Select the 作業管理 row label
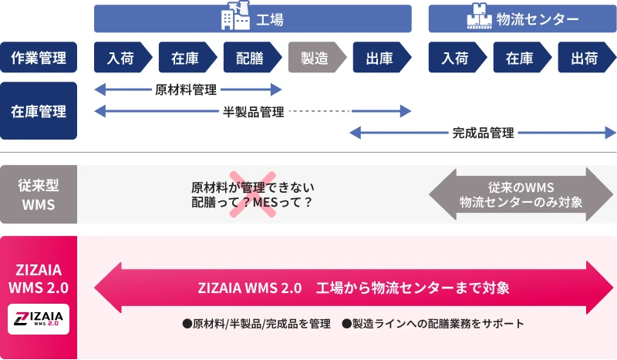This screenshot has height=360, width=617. pyautogui.click(x=39, y=57)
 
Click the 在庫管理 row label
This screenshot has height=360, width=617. pyautogui.click(x=39, y=111)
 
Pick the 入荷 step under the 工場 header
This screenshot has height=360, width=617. pyautogui.click(x=121, y=57)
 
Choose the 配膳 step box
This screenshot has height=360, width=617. pyautogui.click(x=251, y=57)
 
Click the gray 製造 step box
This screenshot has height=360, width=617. pyautogui.click(x=315, y=57)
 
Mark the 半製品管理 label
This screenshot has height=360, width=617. pyautogui.click(x=253, y=113)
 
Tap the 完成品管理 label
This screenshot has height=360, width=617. pyautogui.click(x=483, y=133)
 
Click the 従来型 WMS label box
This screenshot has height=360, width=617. pyautogui.click(x=39, y=195)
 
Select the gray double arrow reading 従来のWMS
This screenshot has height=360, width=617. pyautogui.click(x=521, y=195)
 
